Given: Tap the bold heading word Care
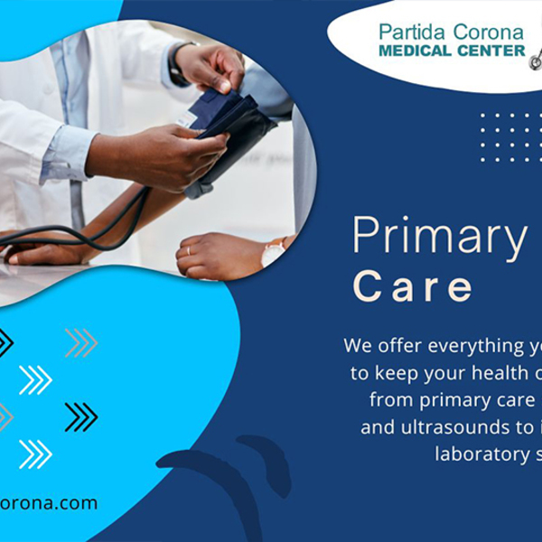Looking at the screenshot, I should point(414,286).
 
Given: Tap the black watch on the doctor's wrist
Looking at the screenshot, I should point(177,63).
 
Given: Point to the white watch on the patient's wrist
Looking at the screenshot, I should point(272,254).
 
